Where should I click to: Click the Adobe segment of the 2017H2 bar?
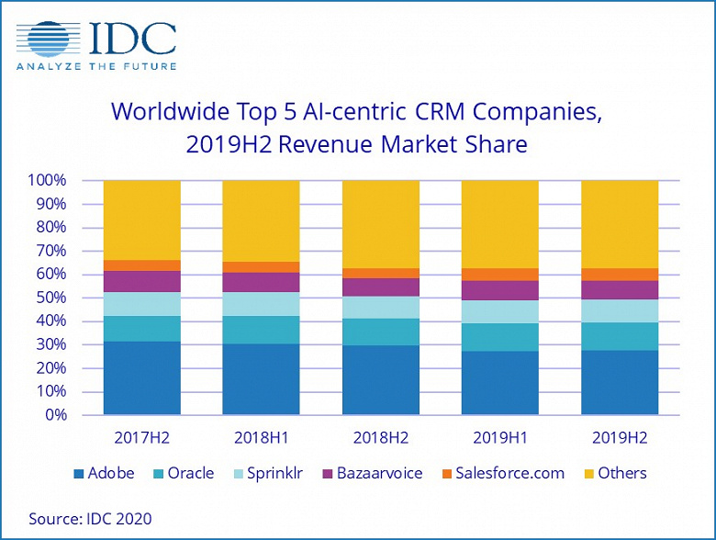[141, 377]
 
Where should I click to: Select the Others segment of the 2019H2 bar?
[620, 224]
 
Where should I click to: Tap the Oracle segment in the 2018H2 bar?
[380, 332]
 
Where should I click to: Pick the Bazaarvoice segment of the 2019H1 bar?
[499, 290]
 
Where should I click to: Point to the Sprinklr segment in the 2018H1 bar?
[261, 303]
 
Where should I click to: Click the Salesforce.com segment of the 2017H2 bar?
[141, 265]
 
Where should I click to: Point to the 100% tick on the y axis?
[47, 180]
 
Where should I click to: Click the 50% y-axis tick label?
[50, 298]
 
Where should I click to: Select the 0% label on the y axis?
[55, 415]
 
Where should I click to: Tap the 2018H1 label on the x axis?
[261, 438]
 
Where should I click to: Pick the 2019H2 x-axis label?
[620, 438]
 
